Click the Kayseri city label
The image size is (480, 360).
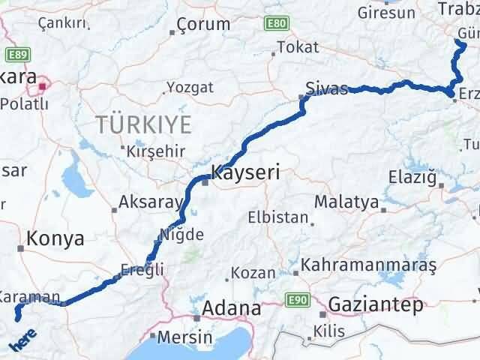pyautogui.click(x=245, y=172)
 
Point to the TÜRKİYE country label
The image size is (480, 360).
pyautogui.click(x=143, y=124)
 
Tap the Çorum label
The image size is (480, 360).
pyautogui.click(x=197, y=26)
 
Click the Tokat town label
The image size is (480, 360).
pyautogui.click(x=298, y=47)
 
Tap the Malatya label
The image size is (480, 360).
pyautogui.click(x=346, y=202)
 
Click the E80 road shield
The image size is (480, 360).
pyautogui.click(x=276, y=25)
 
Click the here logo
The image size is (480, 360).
pyautogui.click(x=21, y=345)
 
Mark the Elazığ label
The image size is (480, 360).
pyautogui.click(x=412, y=177)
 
